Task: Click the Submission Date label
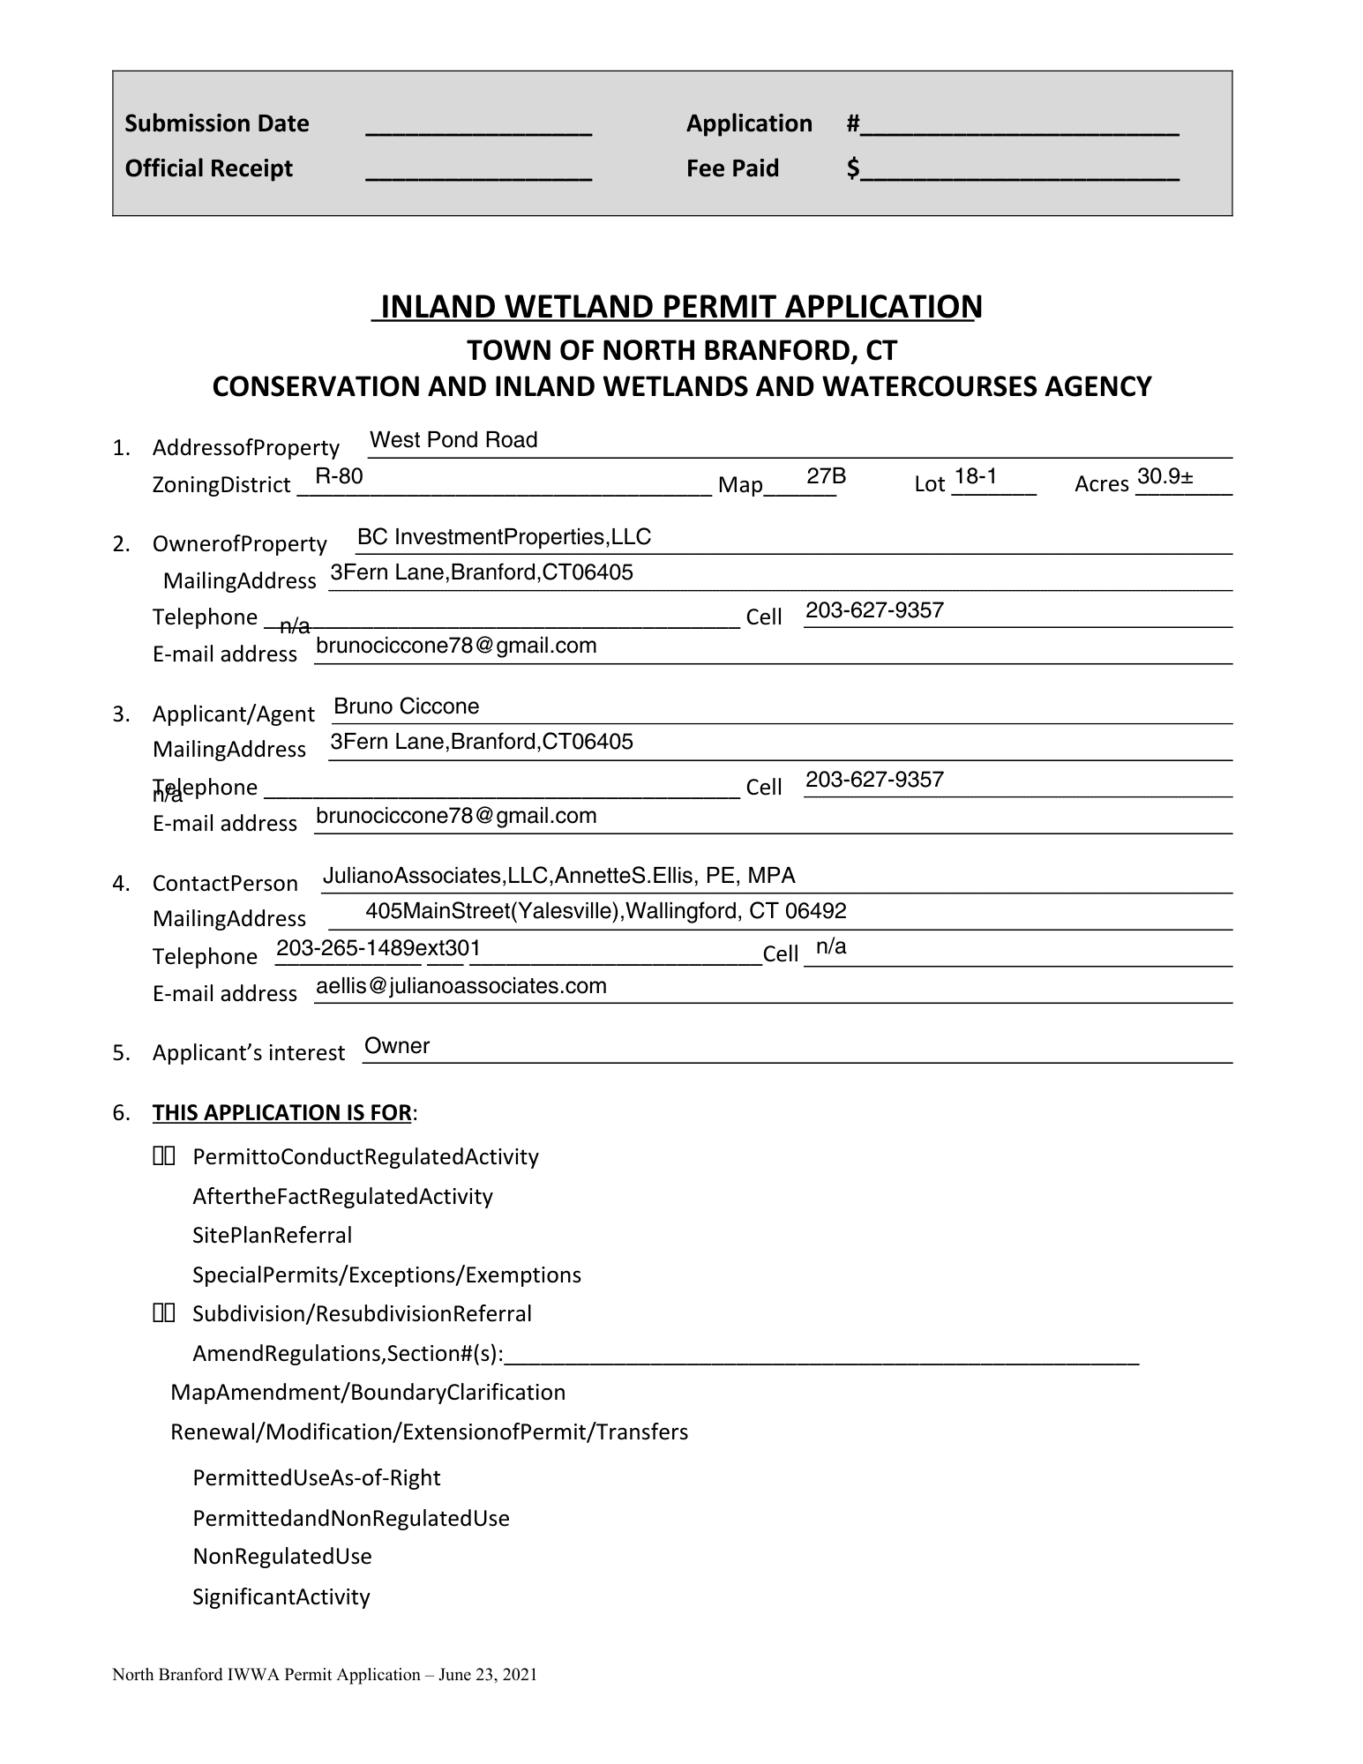(x=216, y=123)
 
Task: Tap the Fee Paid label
(x=732, y=168)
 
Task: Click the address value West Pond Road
(x=453, y=440)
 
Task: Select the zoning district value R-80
(x=339, y=477)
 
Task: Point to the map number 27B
(x=826, y=477)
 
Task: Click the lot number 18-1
(x=975, y=477)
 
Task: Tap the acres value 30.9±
(x=1165, y=477)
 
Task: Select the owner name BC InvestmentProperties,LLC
(x=504, y=537)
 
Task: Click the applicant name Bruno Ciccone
(x=406, y=706)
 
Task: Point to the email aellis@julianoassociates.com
(x=461, y=986)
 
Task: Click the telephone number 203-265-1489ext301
(x=378, y=948)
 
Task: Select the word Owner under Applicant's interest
(x=397, y=1046)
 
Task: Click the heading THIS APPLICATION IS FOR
(x=281, y=1113)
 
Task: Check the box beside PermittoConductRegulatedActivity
(x=164, y=1156)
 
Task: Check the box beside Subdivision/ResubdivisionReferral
(x=164, y=1314)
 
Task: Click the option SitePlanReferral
(x=272, y=1236)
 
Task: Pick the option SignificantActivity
(x=281, y=1596)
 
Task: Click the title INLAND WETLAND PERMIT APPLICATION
(x=677, y=307)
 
